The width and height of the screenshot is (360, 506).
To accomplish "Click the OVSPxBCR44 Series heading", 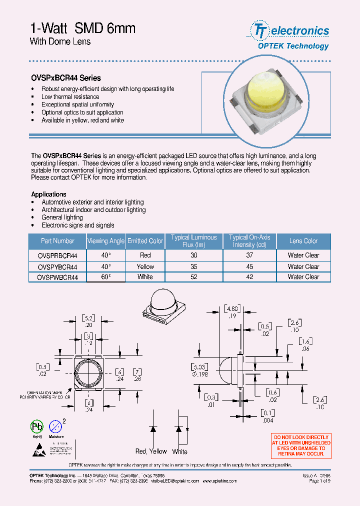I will pyautogui.click(x=66, y=78).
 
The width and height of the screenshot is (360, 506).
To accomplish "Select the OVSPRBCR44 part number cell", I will pyautogui.click(x=57, y=255).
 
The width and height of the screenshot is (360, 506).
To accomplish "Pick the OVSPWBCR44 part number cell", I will pyautogui.click(x=57, y=277).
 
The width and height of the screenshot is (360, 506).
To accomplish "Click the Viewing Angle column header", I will pyautogui.click(x=105, y=241).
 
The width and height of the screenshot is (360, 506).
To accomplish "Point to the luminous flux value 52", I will pyautogui.click(x=193, y=277).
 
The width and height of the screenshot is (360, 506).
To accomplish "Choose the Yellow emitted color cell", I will pyautogui.click(x=145, y=266).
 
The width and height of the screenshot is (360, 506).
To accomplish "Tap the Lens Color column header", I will pyautogui.click(x=303, y=241).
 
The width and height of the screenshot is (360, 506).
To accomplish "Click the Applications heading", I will pyautogui.click(x=48, y=194).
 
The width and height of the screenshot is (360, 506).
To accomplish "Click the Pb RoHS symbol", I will pyautogui.click(x=37, y=426).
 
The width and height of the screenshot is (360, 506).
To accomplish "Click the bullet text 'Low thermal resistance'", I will pyautogui.click(x=70, y=97).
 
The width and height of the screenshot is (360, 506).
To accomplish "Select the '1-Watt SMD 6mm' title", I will pyautogui.click(x=82, y=28).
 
